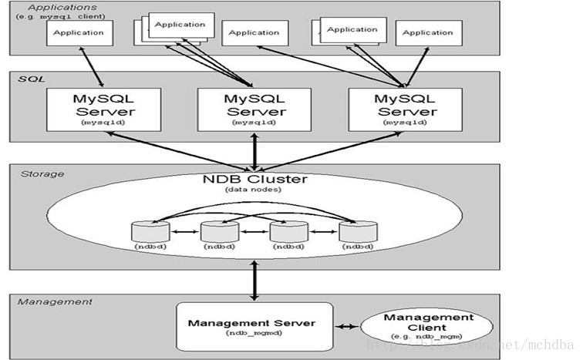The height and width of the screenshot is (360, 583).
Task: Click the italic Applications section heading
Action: [x=45, y=7]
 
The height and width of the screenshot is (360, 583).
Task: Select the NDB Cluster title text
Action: [x=254, y=179]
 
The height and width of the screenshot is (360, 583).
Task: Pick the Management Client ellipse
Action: [x=428, y=327]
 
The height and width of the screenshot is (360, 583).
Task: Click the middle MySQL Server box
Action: [x=254, y=109]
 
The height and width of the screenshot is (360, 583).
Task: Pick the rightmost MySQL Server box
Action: [x=405, y=109]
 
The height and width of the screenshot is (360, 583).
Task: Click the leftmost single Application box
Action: [x=79, y=32]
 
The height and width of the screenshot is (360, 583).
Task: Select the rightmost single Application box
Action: [x=429, y=33]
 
